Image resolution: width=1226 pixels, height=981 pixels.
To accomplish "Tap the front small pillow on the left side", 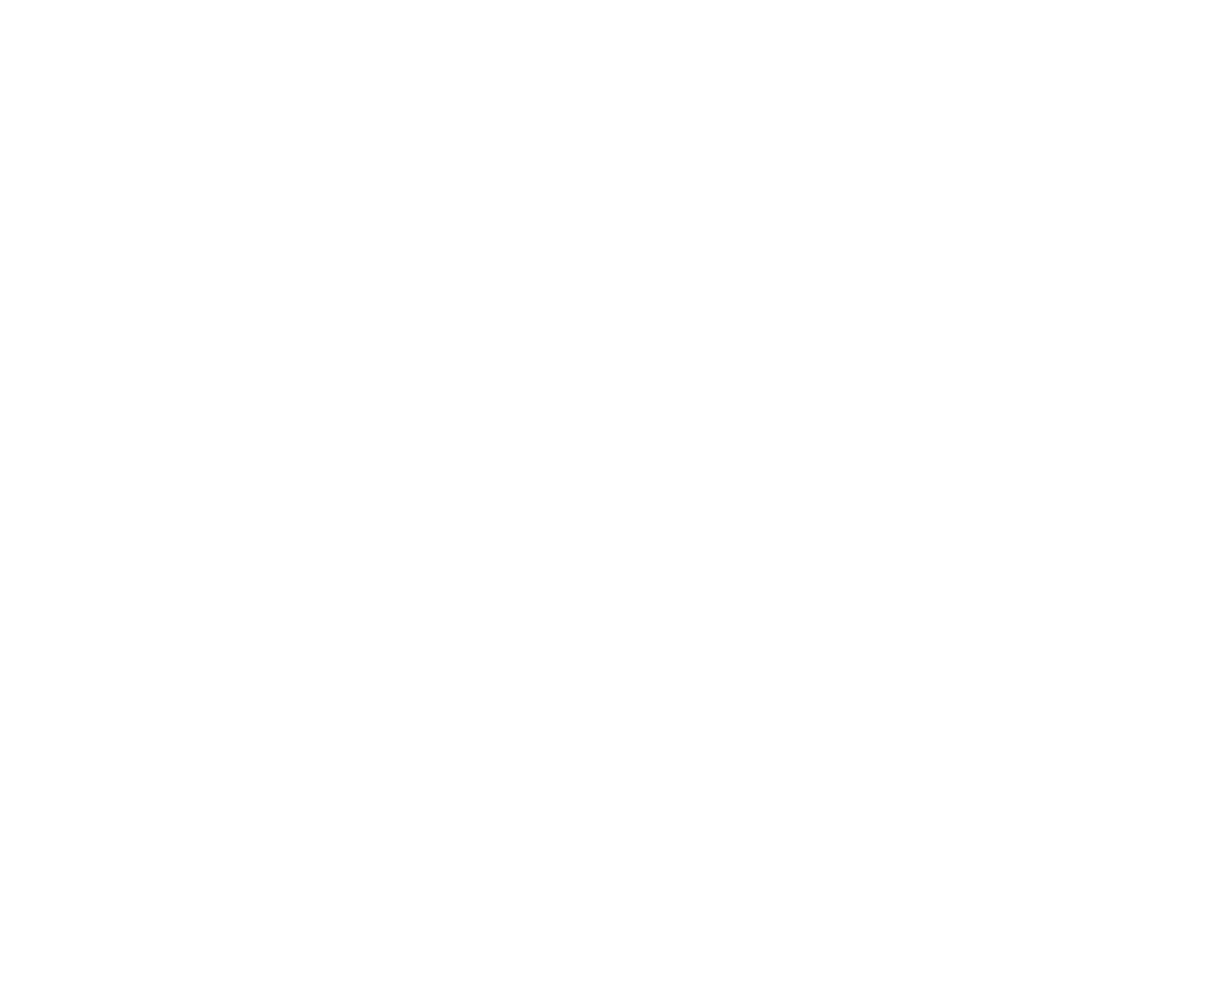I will point(274,569).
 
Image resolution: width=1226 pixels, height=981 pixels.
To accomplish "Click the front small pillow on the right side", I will point(483,569).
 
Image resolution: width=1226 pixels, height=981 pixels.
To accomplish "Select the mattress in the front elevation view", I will point(367,274).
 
